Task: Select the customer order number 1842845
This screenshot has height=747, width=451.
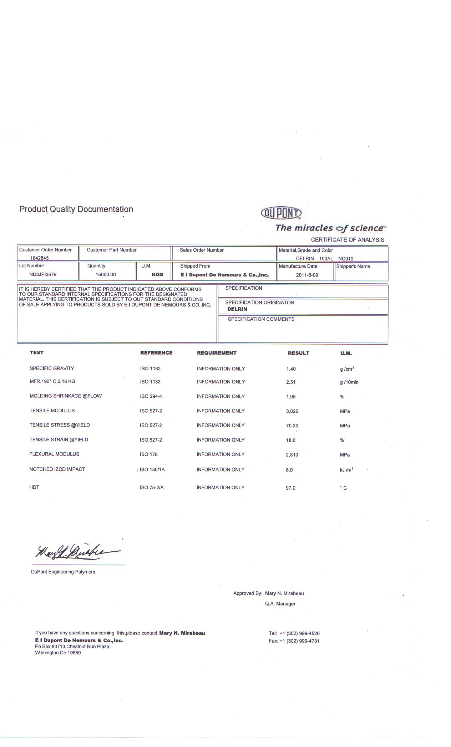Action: [39, 258]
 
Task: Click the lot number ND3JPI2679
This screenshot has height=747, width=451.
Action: [43, 274]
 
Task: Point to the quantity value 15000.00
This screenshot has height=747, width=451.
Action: [106, 275]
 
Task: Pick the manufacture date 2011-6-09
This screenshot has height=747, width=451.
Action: [307, 275]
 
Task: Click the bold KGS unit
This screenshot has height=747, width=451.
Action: [157, 274]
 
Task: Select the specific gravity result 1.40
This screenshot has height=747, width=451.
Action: [291, 369]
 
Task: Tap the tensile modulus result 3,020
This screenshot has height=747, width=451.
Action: [292, 411]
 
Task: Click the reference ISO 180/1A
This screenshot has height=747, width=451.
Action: [152, 470]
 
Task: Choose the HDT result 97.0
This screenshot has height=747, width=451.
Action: [290, 488]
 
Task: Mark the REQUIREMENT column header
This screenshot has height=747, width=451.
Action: [217, 353]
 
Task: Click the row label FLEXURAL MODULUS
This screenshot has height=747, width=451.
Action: [54, 454]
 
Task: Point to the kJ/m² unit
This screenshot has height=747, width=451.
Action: [346, 470]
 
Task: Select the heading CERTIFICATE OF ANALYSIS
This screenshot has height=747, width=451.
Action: [348, 240]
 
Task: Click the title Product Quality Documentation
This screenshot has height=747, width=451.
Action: [76, 209]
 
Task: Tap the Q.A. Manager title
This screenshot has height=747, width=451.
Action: [280, 604]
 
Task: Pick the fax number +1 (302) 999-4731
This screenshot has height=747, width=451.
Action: [299, 641]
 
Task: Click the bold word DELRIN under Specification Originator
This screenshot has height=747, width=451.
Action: [237, 309]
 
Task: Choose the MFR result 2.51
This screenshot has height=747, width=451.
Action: [291, 382]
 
